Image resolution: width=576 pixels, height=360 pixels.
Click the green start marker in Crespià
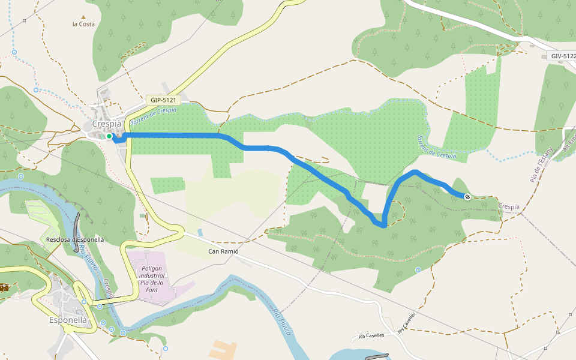[109, 137]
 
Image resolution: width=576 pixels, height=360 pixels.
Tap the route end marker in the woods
[467, 196]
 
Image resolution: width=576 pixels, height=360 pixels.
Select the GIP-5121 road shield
[163, 100]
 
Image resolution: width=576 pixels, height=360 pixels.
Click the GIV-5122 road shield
[562, 56]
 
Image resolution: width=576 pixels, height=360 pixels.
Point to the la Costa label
[83, 24]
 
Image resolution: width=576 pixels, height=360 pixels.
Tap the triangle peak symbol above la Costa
[83, 17]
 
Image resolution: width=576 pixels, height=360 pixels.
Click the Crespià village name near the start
[107, 124]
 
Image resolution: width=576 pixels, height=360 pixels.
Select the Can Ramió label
[223, 251]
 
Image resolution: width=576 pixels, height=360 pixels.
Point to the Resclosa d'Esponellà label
[75, 239]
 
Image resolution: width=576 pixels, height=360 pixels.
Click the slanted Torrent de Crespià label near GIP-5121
[153, 114]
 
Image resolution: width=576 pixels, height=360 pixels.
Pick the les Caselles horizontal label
[371, 336]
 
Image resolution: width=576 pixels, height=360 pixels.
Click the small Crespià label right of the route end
[509, 206]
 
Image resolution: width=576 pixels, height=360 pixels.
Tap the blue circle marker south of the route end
[418, 270]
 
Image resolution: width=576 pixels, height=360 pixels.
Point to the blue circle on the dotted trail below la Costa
[36, 90]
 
